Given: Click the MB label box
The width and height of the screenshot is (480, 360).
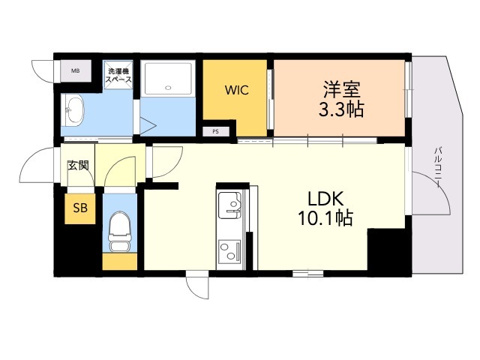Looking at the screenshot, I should point(75,71).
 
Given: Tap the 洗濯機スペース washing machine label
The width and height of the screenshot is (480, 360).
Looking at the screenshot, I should point(118,75).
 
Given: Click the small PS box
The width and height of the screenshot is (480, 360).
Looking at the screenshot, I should point(216,132).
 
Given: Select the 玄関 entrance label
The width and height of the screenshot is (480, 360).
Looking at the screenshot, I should point(78,165).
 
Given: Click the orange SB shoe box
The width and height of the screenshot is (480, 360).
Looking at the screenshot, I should point(79,208).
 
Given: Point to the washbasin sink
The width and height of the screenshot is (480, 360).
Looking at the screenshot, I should point(74,111).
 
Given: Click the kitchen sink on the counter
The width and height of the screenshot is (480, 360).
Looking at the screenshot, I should point(229,202).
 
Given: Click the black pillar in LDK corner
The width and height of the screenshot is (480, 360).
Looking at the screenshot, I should point(386,251).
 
